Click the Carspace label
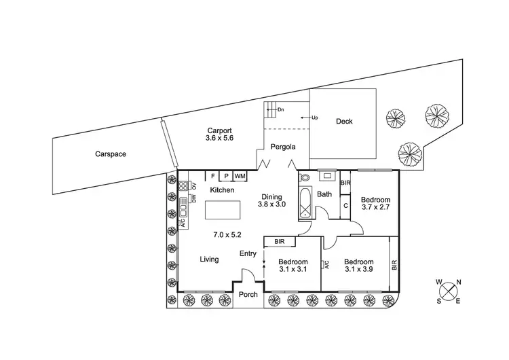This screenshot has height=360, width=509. [x=111, y=154]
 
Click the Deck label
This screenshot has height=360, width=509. [x=344, y=122]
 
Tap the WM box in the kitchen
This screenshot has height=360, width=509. [x=240, y=176]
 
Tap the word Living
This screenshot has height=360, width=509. [x=209, y=259]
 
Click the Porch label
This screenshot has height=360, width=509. [x=248, y=295]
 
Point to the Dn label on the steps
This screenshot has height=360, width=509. [x=280, y=109]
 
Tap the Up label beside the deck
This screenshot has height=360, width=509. [x=315, y=118]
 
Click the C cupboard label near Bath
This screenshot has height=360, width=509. [x=345, y=204]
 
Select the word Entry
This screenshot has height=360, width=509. [x=248, y=254]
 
